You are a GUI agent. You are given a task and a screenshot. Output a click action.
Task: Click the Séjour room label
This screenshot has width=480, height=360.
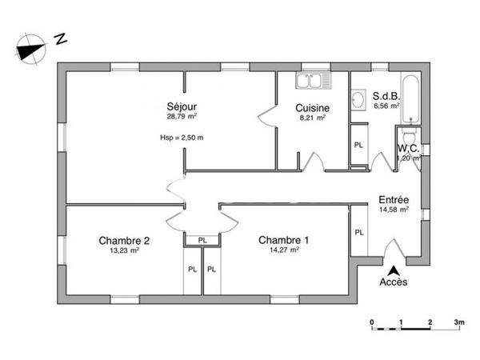coord(182,106)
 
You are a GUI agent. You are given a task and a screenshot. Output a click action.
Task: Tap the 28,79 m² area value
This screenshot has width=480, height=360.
coord(182,117)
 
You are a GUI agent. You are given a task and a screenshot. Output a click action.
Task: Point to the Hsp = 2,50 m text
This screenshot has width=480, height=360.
coord(182,137)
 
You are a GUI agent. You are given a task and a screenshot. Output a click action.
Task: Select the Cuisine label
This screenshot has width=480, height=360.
coord(312,108)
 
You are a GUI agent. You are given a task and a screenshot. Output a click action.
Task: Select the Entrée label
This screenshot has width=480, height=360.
coord(394,200)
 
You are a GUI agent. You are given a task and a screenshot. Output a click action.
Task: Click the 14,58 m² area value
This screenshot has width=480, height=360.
coord(394,210)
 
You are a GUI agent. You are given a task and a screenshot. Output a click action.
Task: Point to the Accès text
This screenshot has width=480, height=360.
coord(393,282)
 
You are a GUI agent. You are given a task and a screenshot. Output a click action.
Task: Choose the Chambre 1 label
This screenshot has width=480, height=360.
coord(284,240)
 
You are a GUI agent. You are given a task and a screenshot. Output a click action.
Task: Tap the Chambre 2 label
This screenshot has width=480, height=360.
coord(125,240)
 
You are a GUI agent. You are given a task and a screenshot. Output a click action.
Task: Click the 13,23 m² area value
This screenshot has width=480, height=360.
coord(125,250)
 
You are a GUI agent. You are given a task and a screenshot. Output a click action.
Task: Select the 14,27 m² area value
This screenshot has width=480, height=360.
coord(284,250)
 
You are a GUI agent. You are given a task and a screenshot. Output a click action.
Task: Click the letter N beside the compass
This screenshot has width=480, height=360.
coord(60,38)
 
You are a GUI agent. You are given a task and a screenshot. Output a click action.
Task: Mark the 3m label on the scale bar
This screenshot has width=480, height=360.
coord(459,322)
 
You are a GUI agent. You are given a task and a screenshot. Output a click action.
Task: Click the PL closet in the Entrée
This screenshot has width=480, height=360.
coord(359,232)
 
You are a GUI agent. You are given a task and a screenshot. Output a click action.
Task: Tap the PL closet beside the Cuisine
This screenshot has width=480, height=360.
coord(358,145)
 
